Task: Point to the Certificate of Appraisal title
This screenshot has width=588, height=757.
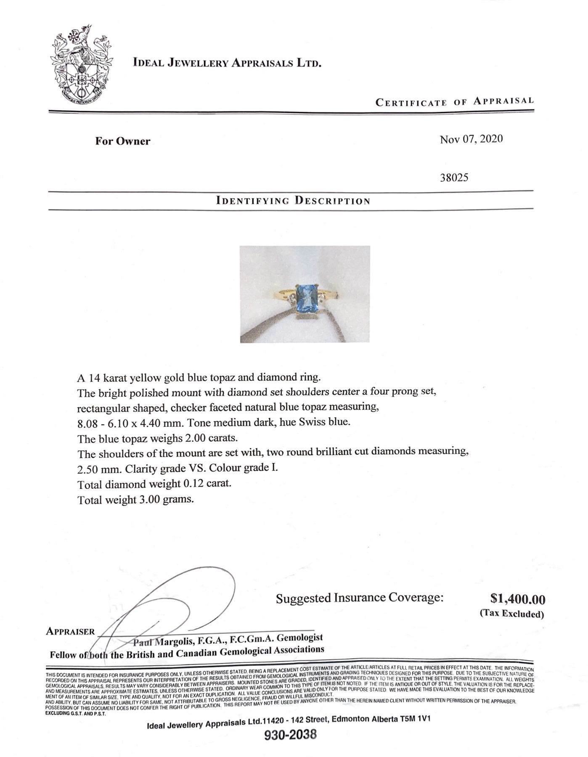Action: coord(454,101)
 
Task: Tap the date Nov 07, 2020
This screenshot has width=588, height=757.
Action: coord(471,139)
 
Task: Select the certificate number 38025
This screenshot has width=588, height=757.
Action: coord(454,177)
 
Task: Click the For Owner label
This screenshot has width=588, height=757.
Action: coord(122,141)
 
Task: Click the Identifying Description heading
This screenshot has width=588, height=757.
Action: coord(293,200)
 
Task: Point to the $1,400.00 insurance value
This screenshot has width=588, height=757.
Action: coord(518,598)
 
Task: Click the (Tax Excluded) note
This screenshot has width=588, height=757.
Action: coord(512,614)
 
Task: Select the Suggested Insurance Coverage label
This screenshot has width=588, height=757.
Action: coord(360,598)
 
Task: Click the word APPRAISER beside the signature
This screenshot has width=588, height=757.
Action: coord(70,631)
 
